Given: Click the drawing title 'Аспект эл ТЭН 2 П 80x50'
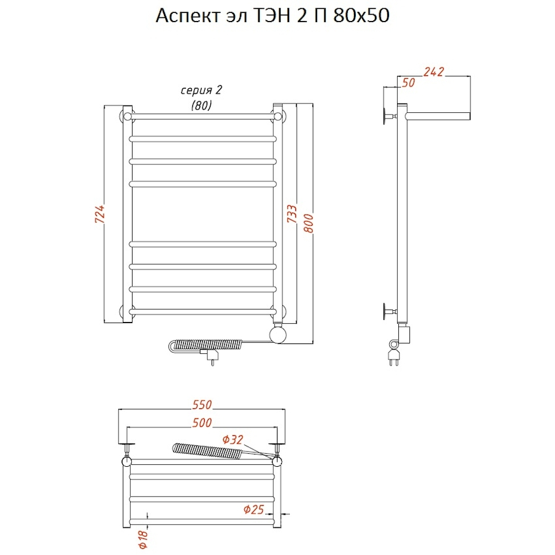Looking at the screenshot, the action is coord(273,15).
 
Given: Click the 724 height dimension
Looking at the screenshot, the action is coord(100,213).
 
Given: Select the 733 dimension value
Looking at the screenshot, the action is coord(292,213).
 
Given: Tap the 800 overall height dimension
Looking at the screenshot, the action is coord(309,223).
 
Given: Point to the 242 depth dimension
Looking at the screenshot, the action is coord(434,72).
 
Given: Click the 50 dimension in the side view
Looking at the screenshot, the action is coord(408,83).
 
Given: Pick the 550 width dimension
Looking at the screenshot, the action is coord(202,405).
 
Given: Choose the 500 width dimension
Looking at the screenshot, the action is coord(202,422).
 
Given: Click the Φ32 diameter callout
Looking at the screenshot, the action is coord(233,440).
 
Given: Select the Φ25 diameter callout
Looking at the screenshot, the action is coord(254,509).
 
